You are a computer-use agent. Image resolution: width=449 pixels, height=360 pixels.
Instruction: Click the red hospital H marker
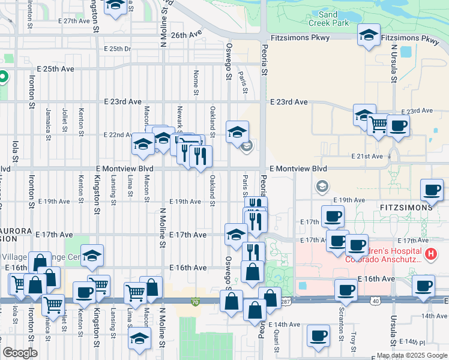(x=430, y=254)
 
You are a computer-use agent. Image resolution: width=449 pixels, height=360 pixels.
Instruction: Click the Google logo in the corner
(x=20, y=353)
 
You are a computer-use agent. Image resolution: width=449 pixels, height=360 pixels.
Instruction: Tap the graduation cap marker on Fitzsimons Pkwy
(x=369, y=35)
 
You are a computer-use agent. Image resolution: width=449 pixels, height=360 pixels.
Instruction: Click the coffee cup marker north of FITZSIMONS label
(x=432, y=190)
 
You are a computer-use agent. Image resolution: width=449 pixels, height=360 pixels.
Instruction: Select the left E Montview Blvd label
(x=124, y=169)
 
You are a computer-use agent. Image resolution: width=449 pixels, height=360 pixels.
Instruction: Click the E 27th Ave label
(x=74, y=20)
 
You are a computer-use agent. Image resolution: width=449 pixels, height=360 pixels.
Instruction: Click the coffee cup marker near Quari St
(x=318, y=335)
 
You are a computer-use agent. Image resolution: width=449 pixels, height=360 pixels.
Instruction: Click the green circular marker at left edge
(x=3, y=77)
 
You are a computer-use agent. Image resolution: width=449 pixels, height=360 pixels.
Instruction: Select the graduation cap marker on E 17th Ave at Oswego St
(x=236, y=233)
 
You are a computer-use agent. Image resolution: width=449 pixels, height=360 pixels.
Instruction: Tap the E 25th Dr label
(x=117, y=49)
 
